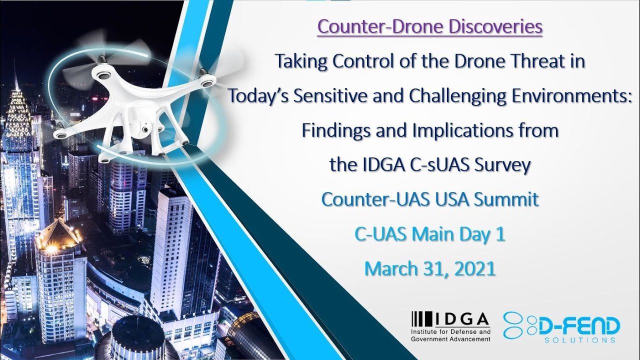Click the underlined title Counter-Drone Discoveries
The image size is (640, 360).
tap(430, 27)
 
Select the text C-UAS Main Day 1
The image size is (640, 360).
tap(430, 234)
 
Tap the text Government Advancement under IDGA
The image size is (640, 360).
tap(450, 339)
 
